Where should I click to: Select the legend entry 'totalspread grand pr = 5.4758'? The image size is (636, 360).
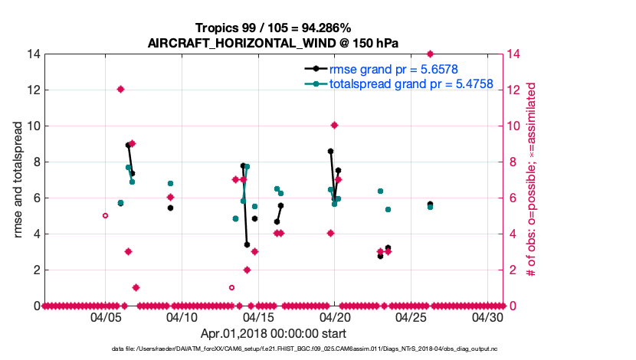click(411, 83)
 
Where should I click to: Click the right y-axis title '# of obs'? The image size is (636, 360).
click(529, 180)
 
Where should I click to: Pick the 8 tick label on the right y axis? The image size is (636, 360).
click(514, 162)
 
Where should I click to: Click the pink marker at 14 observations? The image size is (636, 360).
click(430, 54)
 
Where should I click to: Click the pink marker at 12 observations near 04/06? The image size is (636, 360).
click(120, 89)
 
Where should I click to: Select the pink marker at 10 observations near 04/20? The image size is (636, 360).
click(334, 125)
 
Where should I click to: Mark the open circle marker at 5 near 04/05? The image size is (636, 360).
click(105, 215)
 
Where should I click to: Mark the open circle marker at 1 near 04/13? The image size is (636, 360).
click(231, 287)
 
